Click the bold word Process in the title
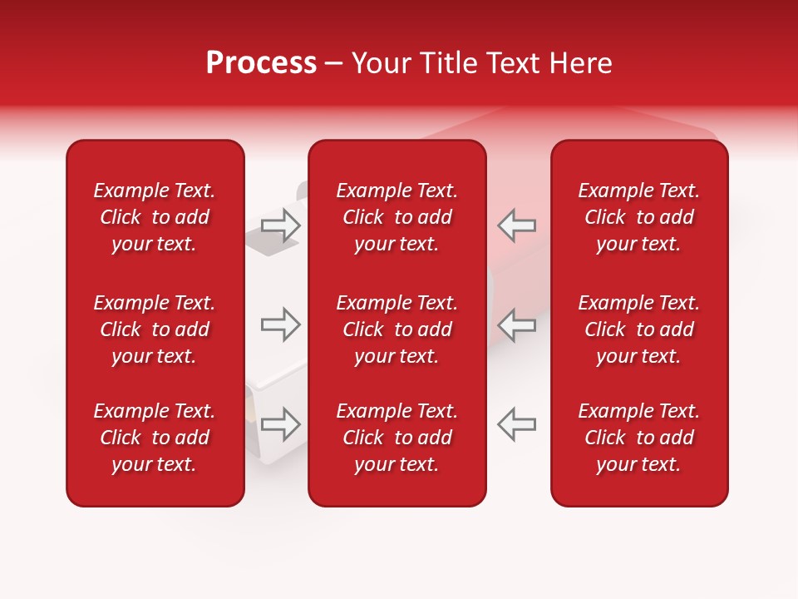261,63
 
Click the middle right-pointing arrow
280,324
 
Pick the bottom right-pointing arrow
280,424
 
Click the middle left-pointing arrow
517,324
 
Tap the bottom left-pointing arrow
517,424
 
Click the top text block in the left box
155,217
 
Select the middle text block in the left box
155,329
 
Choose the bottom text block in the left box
155,438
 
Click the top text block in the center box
397,217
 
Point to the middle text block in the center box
397,329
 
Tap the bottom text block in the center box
397,438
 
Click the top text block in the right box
639,217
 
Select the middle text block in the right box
639,329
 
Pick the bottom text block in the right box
639,438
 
